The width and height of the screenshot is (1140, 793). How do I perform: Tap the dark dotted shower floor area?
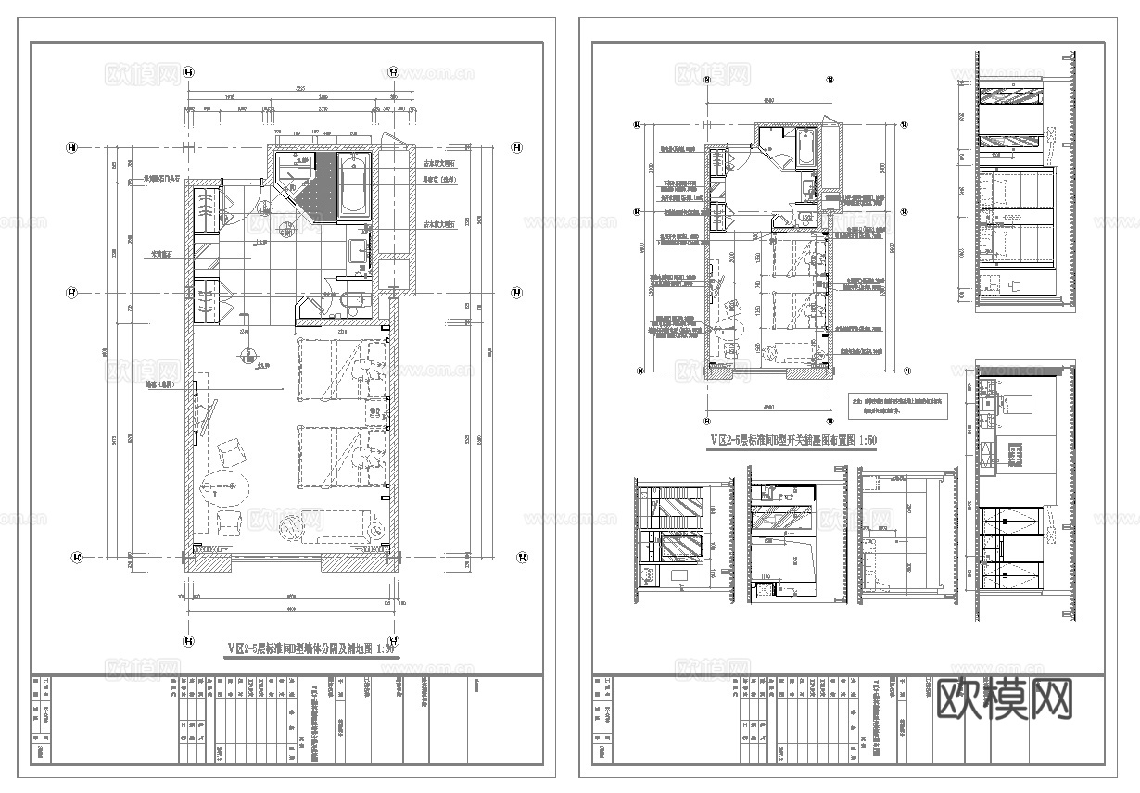pos(319,185)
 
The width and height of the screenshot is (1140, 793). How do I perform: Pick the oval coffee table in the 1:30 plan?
pos(224,486)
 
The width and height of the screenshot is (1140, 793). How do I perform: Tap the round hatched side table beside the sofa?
pos(291,527)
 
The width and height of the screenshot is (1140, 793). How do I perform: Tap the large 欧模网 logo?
pos(1006,699)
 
